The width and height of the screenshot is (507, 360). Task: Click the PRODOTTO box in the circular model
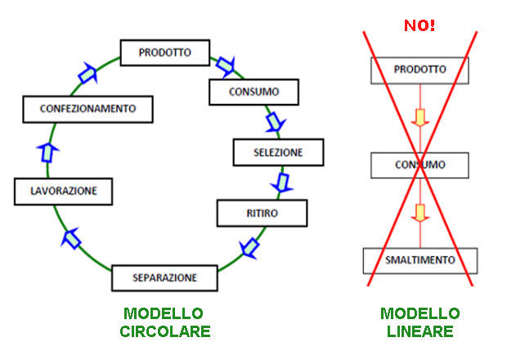click(165, 53)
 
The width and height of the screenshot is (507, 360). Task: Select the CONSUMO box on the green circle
click(254, 92)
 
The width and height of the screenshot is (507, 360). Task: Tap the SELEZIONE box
click(278, 152)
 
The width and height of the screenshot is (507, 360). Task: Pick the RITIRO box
click(262, 214)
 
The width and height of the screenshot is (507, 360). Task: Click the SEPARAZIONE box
click(165, 278)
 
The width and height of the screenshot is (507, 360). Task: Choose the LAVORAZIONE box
click(63, 191)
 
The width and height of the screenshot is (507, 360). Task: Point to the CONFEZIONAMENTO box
click(85, 108)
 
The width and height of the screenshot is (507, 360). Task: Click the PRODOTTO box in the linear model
click(420, 70)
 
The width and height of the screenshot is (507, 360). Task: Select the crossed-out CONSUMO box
click(420, 165)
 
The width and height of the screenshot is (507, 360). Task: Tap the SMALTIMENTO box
click(420, 261)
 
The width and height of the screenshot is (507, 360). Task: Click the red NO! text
click(420, 25)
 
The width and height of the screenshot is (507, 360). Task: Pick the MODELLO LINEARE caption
click(420, 322)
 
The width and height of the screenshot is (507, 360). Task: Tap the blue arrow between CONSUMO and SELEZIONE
click(274, 122)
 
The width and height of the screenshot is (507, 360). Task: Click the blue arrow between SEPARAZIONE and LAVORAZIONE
click(73, 237)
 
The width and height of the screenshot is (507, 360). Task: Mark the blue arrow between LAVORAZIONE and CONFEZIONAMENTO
click(48, 151)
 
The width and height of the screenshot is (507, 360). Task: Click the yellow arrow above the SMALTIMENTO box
click(420, 214)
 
